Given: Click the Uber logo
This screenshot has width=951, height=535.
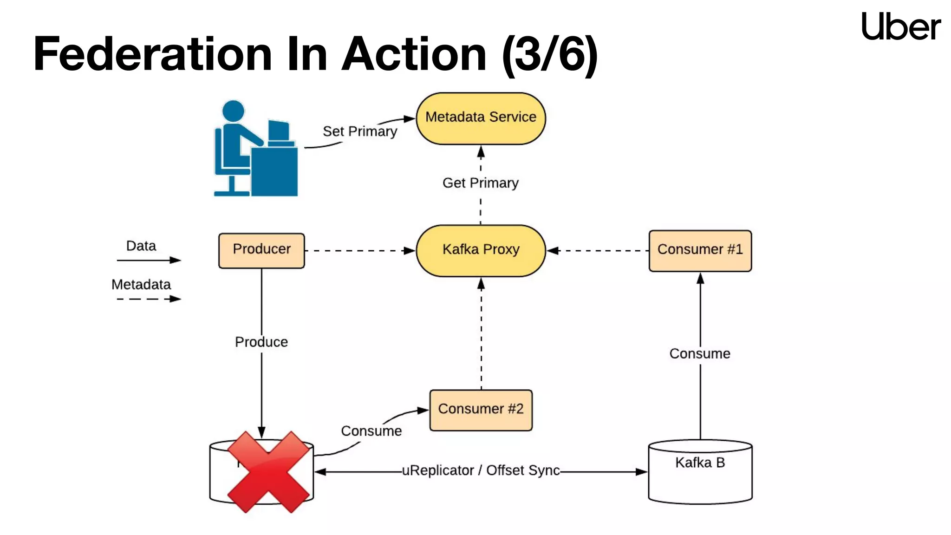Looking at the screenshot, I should pos(900,26).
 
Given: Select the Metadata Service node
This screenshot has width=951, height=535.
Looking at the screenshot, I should pos(481,118).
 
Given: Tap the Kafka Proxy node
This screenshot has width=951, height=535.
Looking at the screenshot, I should pos(481,250).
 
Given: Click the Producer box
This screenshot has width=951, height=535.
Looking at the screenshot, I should pos(261,250).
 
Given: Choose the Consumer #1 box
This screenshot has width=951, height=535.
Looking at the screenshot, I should pos(700,250).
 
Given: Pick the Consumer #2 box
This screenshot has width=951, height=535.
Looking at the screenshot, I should pos(481,410).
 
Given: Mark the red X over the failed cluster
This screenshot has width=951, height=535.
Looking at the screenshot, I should pos(268,472).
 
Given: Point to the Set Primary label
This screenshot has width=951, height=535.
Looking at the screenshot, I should pos(360,131).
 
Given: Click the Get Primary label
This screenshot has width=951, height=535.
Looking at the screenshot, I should pos(480,183).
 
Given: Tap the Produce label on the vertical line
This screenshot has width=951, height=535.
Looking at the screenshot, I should pos(261,342).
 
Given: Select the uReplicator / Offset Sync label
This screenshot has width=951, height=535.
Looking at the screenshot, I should pos(481,470).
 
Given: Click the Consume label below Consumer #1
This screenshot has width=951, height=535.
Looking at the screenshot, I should pos(700,354).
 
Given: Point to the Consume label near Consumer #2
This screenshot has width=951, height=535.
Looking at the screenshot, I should pos(371,431).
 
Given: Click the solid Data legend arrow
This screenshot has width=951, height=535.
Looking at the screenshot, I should pos(149,260).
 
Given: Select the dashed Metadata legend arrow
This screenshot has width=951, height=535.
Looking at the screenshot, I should pos(149,299).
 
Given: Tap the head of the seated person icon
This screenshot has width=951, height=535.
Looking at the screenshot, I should pos(233,111).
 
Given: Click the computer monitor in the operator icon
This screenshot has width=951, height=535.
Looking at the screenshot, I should pos(279,131).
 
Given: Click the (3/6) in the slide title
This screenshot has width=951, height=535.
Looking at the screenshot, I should pos(550,54).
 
